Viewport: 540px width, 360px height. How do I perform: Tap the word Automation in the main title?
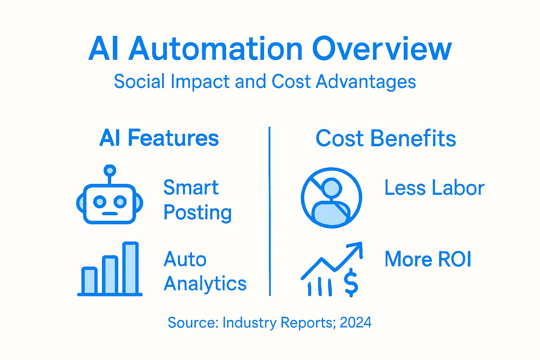pos(215,49)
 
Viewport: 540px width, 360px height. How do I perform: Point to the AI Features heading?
pos(159,138)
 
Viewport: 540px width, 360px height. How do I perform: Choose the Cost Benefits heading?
pos(386,138)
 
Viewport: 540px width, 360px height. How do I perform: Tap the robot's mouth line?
pos(110,213)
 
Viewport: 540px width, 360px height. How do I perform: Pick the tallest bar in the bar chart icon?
pos(130,268)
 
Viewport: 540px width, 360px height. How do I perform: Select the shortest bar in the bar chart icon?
pos(89,280)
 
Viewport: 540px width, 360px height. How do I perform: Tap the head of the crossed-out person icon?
pos(332,188)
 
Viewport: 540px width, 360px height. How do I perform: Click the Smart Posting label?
pos(197,200)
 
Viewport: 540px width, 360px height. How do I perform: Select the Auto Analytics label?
pos(205,271)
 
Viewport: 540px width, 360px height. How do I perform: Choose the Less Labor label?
pos(434,188)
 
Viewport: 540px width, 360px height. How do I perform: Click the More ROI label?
pos(428,259)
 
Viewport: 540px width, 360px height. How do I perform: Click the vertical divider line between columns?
pos(270,211)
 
